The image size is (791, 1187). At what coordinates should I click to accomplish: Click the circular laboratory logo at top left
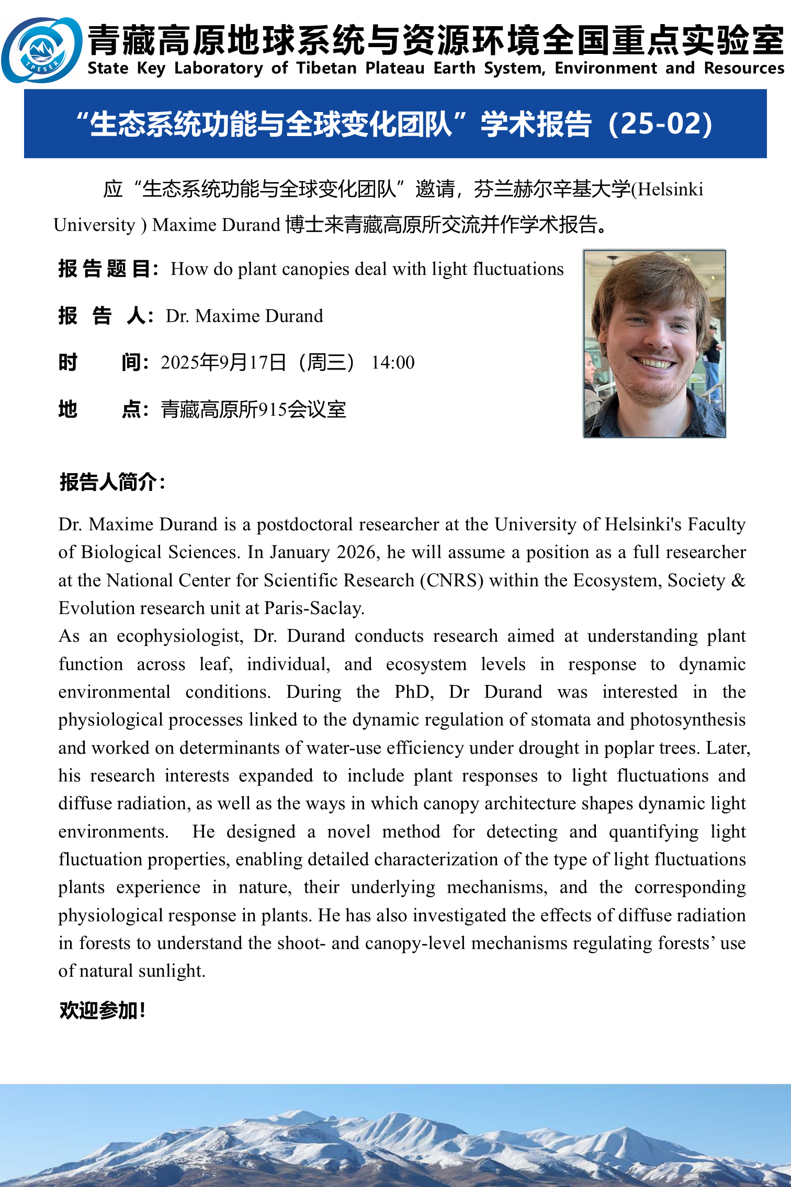pyautogui.click(x=42, y=50)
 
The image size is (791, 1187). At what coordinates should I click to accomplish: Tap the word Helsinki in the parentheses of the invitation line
pyautogui.click(x=670, y=189)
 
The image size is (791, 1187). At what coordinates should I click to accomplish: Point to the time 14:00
pyautogui.click(x=392, y=363)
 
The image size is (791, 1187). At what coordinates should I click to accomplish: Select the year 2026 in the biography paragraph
pyautogui.click(x=356, y=553)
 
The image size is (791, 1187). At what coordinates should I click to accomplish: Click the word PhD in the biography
pyautogui.click(x=413, y=692)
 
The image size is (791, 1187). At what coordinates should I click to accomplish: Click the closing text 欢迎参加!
pyautogui.click(x=102, y=1010)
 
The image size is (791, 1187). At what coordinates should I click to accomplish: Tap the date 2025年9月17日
pyautogui.click(x=224, y=363)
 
